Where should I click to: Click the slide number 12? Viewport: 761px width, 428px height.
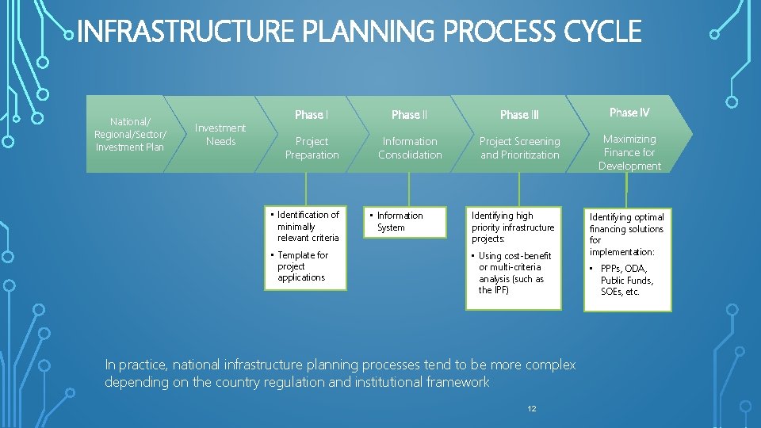[x=532, y=408]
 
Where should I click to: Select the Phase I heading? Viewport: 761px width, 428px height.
[x=312, y=115]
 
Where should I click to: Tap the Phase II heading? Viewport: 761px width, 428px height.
[x=409, y=115]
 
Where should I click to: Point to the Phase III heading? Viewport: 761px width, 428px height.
[x=519, y=115]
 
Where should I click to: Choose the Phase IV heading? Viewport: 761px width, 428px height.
[x=629, y=113]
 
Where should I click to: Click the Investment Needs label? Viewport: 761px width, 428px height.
[x=220, y=134]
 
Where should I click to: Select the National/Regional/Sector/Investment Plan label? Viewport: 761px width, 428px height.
[x=130, y=134]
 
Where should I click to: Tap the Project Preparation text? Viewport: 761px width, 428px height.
[x=312, y=148]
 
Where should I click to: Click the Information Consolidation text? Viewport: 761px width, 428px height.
[x=410, y=148]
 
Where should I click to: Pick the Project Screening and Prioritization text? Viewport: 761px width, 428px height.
[x=519, y=148]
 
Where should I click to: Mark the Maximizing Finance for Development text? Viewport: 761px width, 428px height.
[x=629, y=152]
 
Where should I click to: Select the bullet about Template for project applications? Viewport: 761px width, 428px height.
[x=301, y=266]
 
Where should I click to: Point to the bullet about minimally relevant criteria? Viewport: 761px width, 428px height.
[x=306, y=226]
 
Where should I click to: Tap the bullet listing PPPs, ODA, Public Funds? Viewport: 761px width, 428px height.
[x=625, y=280]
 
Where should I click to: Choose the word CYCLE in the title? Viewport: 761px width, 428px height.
[x=602, y=32]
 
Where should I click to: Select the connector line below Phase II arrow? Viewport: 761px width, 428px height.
[x=409, y=190]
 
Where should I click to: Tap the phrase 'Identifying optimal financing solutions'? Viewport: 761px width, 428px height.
[x=626, y=228]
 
